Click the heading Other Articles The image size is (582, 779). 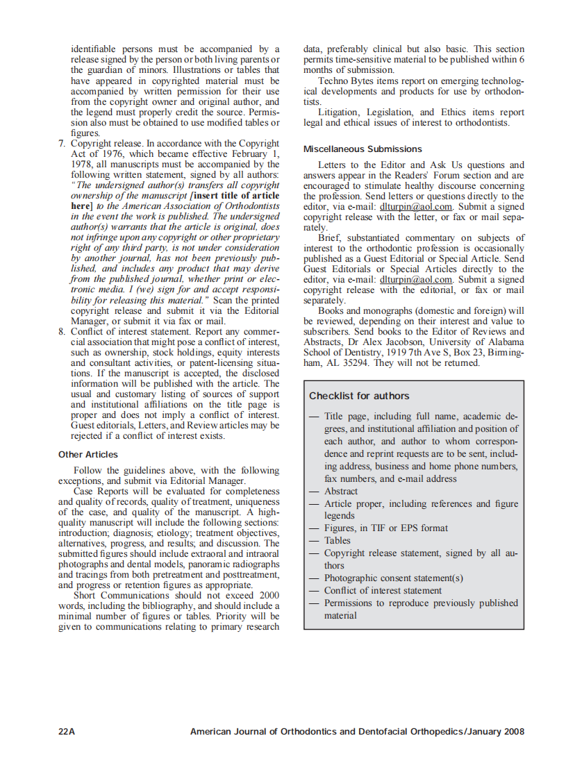point(88,455)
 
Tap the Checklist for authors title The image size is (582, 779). point(359,396)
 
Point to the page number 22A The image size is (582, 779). point(67,731)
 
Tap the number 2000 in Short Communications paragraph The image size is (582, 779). point(269,595)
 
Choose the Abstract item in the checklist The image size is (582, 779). point(342,491)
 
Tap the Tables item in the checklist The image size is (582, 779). point(338,540)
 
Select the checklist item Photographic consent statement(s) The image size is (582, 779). point(393,578)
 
